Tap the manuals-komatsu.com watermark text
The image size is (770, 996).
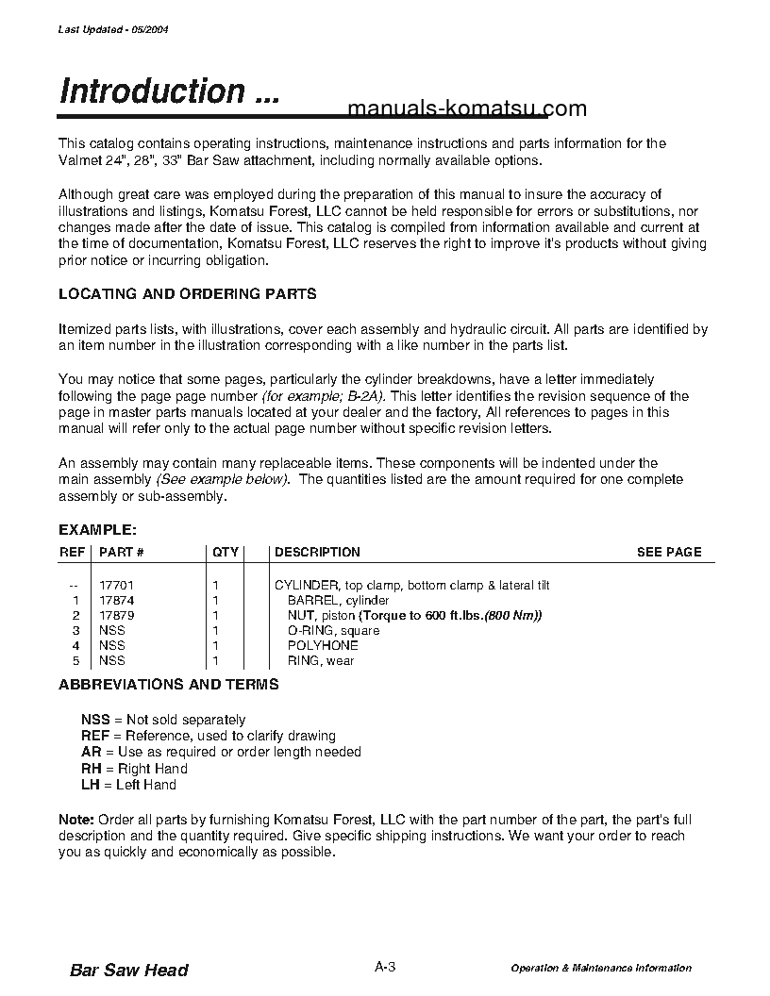click(x=467, y=109)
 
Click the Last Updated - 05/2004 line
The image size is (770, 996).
click(x=113, y=29)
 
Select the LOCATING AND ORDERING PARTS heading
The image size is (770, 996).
click(x=187, y=294)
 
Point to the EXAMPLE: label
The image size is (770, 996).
click(x=97, y=530)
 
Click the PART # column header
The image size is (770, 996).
click(x=121, y=552)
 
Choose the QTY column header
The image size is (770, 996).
click(x=226, y=552)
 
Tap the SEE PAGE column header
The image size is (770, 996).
click(x=669, y=552)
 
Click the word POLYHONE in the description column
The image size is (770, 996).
click(x=323, y=646)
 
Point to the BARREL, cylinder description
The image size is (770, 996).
click(x=338, y=601)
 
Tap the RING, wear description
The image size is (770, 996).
click(x=321, y=661)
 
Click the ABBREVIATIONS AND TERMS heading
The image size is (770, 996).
click(x=168, y=685)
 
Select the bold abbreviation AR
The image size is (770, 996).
click(x=91, y=752)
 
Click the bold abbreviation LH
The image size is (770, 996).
click(x=90, y=785)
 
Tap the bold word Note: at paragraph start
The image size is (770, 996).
click(x=75, y=819)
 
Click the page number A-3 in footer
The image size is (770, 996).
click(x=385, y=967)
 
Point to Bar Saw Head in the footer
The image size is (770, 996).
click(x=129, y=971)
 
